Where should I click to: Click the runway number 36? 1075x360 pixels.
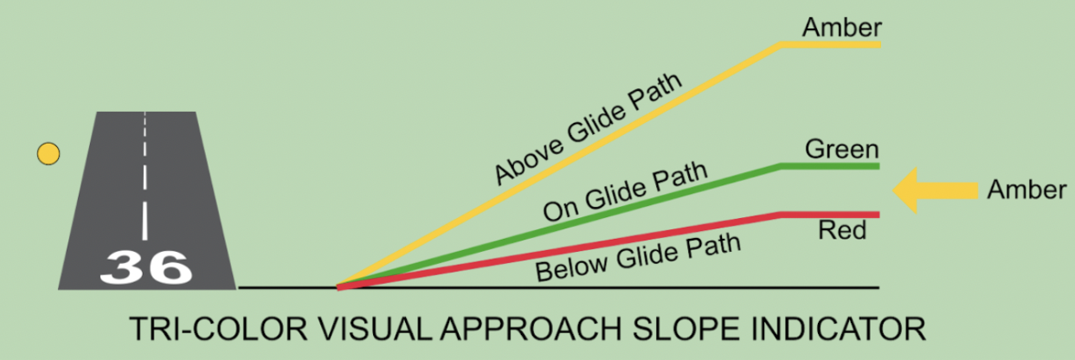tap(145, 267)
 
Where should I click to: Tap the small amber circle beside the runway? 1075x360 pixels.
tap(48, 154)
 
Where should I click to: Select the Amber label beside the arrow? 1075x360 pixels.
tap(1027, 190)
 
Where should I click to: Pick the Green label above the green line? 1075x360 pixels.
tap(841, 149)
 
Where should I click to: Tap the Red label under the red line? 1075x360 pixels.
tap(842, 231)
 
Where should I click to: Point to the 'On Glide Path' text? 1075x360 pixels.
tap(624, 192)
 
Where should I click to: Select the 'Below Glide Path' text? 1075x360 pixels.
tap(638, 256)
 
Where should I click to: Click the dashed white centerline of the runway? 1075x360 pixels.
tap(145, 182)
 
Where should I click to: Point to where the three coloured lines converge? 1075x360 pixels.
tap(340, 285)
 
